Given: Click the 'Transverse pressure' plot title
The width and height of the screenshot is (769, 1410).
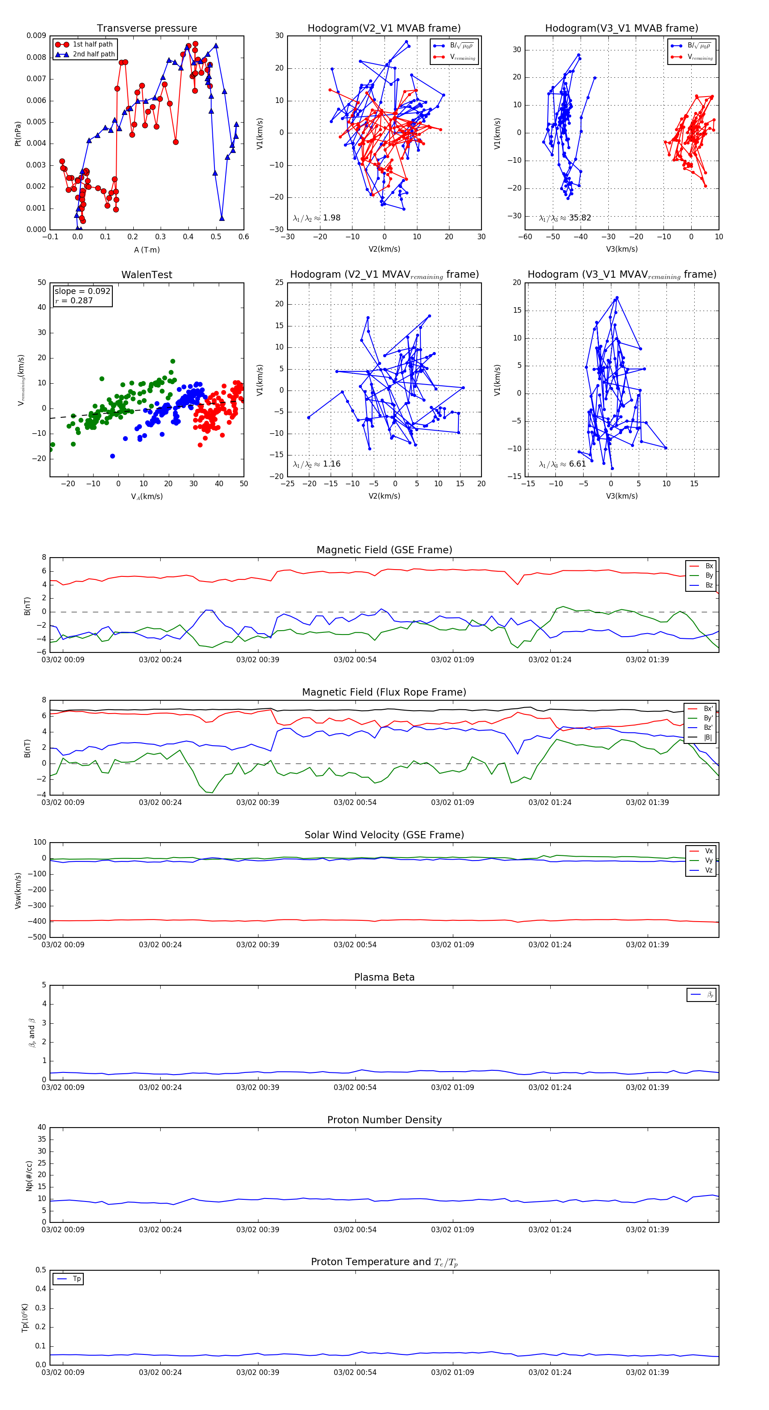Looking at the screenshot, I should pyautogui.click(x=147, y=29).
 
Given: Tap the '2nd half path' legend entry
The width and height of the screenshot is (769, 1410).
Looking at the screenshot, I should pyautogui.click(x=94, y=54).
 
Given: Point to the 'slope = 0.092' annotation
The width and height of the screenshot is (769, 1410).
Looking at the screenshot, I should pyautogui.click(x=82, y=291).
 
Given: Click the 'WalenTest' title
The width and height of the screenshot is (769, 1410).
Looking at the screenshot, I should pyautogui.click(x=147, y=275).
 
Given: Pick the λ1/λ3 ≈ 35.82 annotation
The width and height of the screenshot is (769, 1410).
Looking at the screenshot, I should pyautogui.click(x=565, y=218).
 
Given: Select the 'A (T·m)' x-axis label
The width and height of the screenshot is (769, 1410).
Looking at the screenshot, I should pyautogui.click(x=147, y=250).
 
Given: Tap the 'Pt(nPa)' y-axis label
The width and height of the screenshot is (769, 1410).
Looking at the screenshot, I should pyautogui.click(x=18, y=133).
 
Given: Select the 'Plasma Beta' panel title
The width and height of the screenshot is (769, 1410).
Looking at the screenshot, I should pyautogui.click(x=384, y=977).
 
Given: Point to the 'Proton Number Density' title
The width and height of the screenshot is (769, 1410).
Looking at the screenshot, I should pyautogui.click(x=384, y=1120).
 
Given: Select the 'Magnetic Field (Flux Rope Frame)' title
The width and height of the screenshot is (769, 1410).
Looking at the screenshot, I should pyautogui.click(x=384, y=693).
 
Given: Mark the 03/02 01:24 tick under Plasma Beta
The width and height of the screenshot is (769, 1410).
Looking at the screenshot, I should pyautogui.click(x=549, y=1087).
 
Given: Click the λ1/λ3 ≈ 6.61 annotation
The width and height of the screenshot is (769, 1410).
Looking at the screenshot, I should pyautogui.click(x=562, y=464).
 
